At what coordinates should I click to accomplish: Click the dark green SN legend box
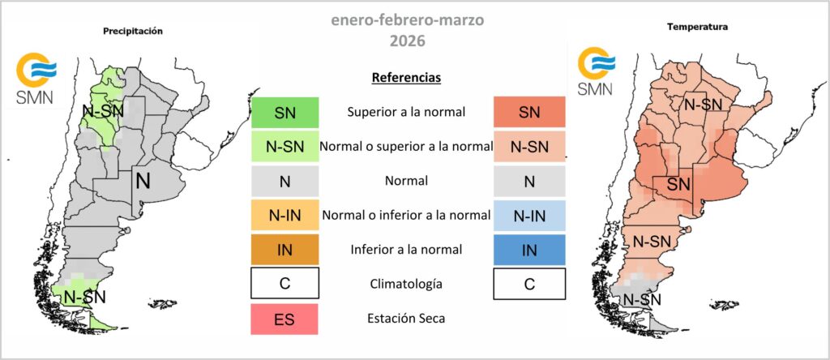(285, 112)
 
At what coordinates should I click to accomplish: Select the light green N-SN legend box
(285, 147)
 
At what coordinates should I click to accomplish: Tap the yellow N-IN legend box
(285, 215)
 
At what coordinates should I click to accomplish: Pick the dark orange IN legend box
(285, 250)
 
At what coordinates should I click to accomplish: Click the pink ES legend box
(285, 319)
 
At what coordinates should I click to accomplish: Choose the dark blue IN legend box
(529, 250)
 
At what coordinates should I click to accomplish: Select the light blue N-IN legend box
(529, 215)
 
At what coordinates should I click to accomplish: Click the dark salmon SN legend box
(529, 112)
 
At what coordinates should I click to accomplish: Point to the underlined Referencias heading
(407, 77)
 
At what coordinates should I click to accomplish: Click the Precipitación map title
(132, 32)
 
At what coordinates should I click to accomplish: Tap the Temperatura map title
(697, 27)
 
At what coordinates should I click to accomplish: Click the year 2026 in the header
(408, 41)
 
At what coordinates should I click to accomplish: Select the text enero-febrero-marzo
(408, 19)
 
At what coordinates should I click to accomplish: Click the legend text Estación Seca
(407, 319)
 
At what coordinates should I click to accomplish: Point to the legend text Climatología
(407, 285)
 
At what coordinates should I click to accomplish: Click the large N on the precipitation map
(143, 181)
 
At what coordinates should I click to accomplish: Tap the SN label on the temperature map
(678, 184)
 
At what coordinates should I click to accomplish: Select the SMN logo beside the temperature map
(596, 71)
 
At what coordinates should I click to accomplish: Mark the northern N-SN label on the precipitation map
(103, 110)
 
